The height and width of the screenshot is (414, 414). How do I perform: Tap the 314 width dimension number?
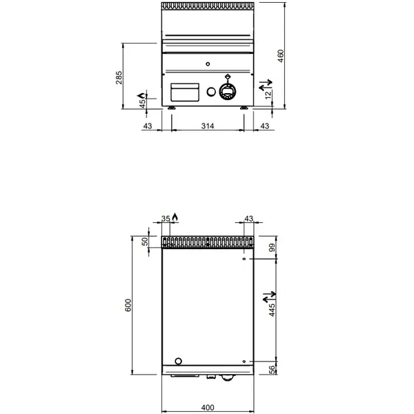[x=208, y=126]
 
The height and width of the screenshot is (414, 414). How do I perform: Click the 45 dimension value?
[x=143, y=103]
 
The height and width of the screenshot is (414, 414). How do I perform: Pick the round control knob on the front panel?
[x=228, y=91]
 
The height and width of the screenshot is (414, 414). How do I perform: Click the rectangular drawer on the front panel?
[x=184, y=91]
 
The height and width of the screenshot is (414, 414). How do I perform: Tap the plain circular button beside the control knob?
[x=210, y=92]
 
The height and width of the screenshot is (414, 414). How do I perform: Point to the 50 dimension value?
[x=144, y=242]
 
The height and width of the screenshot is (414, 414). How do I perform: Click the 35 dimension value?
[x=166, y=219]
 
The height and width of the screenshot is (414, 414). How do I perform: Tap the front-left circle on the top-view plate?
[x=179, y=361]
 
